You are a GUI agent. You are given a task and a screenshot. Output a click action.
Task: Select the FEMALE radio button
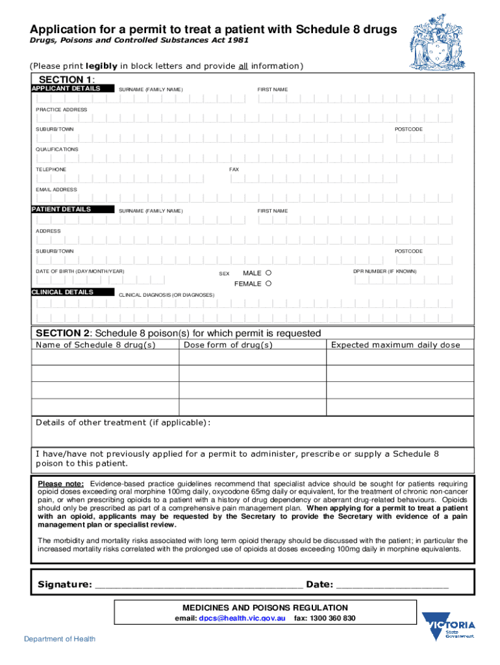[x=269, y=284]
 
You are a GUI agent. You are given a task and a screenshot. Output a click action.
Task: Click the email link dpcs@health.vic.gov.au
[x=242, y=618]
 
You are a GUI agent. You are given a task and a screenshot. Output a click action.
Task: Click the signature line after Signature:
[x=198, y=584]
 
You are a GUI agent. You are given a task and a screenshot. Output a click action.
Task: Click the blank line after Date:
[x=392, y=584]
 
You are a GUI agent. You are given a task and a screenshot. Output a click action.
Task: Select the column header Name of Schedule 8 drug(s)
[x=95, y=345]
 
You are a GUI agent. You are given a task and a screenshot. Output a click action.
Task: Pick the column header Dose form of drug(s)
[x=228, y=345]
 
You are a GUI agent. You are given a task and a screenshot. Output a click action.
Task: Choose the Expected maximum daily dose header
[x=395, y=345]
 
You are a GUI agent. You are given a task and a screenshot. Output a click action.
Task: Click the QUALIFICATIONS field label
[x=56, y=149]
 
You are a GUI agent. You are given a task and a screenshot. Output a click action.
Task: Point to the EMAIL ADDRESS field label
[x=56, y=190]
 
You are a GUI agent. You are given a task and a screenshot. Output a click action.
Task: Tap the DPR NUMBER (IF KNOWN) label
[x=385, y=271]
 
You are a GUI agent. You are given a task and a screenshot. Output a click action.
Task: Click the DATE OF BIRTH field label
[x=80, y=271]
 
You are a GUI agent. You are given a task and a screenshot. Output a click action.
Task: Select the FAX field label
[x=234, y=169]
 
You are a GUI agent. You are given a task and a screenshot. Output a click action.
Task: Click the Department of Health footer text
[x=60, y=639]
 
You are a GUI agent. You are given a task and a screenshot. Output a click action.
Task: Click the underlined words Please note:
[x=60, y=484]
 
